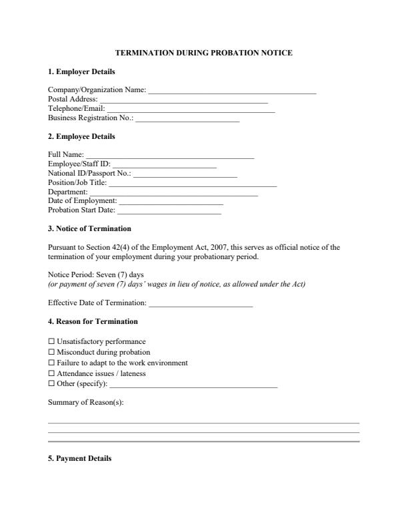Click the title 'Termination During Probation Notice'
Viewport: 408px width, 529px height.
pos(204,52)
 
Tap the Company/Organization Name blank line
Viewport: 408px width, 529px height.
pos(231,90)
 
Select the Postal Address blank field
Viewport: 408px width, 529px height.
pos(183,100)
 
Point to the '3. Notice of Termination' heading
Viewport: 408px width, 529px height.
pos(89,229)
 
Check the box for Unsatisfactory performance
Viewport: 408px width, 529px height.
pos(51,342)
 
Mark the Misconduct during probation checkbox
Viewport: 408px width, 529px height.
pos(51,353)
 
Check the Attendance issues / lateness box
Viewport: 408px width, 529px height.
pos(51,374)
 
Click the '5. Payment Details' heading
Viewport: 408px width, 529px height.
pos(79,459)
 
